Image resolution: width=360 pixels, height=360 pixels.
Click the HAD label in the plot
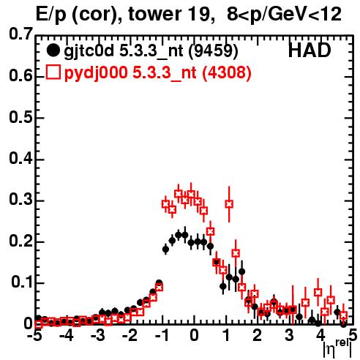coord(310,50)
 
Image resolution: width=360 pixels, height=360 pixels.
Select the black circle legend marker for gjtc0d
coord(53,50)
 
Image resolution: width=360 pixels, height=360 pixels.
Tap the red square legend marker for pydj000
coord(53,72)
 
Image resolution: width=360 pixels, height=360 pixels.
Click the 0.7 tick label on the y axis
coord(20,34)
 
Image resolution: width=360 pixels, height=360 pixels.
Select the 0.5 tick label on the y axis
coord(20,117)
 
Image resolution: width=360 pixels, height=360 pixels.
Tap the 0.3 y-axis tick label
coord(20,200)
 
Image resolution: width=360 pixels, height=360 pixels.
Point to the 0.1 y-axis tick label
coord(22,282)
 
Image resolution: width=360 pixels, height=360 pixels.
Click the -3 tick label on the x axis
coord(98,336)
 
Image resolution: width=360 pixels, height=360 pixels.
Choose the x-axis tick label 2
coord(258,336)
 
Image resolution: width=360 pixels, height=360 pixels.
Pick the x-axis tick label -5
coord(34,336)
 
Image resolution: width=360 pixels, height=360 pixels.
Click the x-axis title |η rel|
coord(337,348)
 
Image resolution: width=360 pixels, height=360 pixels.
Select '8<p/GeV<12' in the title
coord(284,15)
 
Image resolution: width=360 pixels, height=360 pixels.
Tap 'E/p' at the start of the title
coord(51,15)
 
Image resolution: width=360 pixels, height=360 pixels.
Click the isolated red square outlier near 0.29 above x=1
coord(229,204)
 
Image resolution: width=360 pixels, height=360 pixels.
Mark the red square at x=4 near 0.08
coord(318,292)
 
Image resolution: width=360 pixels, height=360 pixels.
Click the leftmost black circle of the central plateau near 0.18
coord(165,250)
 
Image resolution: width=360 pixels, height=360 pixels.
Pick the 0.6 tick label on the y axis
coord(20,75)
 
